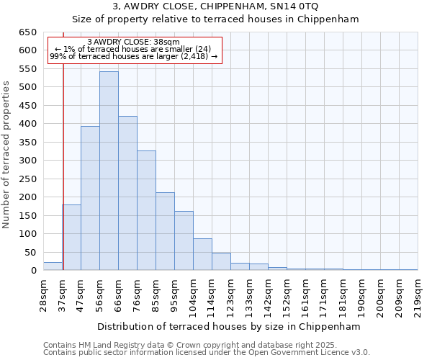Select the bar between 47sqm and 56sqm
click(x=90, y=199)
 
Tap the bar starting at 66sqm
click(x=127, y=194)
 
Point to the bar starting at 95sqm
click(x=184, y=241)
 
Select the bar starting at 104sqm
click(x=202, y=255)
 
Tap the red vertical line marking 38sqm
click(x=63, y=180)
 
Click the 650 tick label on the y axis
click(x=27, y=32)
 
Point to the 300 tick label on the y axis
click(x=27, y=161)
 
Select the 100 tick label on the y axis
click(x=27, y=234)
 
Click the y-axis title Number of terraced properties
click(x=7, y=154)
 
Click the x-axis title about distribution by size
click(x=230, y=326)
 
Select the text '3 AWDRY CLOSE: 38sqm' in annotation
click(x=133, y=42)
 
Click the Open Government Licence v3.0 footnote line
click(x=207, y=352)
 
